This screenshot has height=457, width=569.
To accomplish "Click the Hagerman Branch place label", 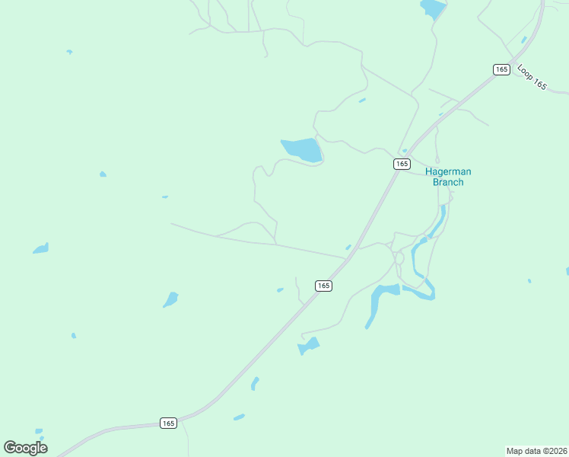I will (444, 177).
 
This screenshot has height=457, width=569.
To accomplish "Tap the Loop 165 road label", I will (532, 77).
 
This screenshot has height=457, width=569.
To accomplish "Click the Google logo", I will (25, 448).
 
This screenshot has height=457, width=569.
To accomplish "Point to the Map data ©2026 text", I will (536, 451).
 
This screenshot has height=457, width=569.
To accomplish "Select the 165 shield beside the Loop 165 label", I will (501, 69).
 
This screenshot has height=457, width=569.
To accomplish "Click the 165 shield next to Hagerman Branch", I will (402, 164).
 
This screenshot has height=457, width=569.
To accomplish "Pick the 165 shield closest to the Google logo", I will (168, 423).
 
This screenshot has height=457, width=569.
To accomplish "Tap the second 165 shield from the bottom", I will (323, 286).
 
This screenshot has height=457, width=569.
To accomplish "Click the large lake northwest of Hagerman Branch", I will (303, 149).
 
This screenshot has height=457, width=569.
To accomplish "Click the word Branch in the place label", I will (447, 182).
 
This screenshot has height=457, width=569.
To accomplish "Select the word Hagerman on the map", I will (444, 171).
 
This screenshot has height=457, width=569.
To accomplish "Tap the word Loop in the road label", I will (525, 71).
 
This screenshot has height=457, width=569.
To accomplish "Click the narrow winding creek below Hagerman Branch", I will (418, 263).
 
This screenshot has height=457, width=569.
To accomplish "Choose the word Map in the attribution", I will (514, 451).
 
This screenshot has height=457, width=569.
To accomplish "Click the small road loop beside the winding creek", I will (399, 258).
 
